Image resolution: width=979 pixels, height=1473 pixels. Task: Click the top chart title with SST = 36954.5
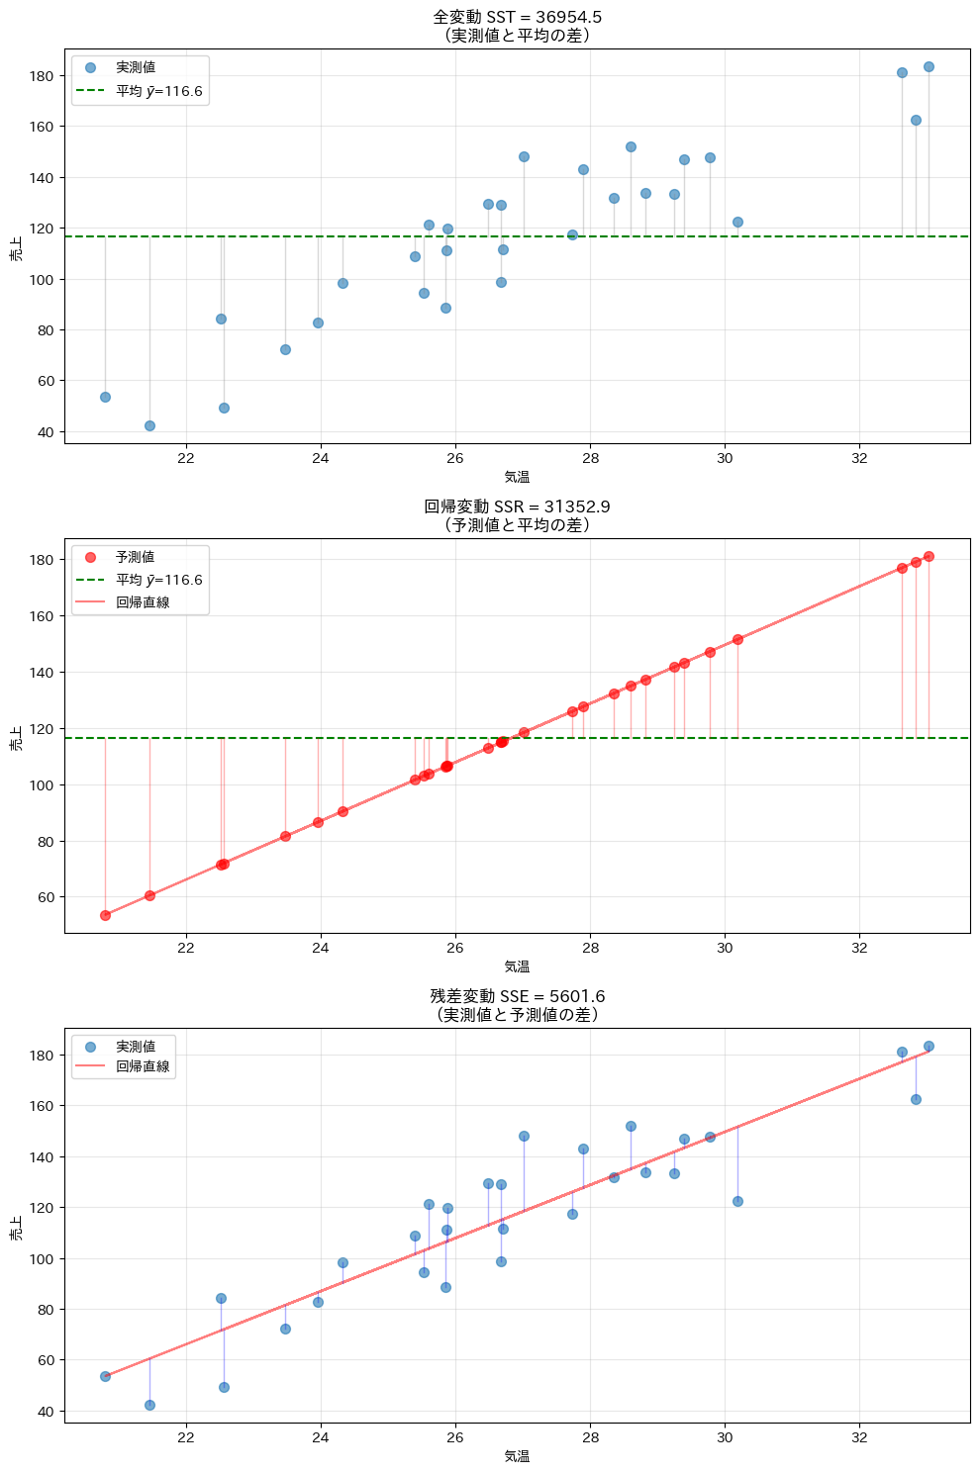coord(517,17)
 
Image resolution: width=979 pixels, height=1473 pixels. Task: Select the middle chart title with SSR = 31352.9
coord(517,506)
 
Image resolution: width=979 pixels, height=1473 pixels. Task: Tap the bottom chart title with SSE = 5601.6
coord(517,996)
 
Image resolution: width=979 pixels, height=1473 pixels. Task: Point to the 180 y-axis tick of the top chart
coord(41,76)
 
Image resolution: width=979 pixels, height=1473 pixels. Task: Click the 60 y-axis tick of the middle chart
coord(45,898)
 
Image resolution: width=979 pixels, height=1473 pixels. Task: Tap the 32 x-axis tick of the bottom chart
coord(859,1437)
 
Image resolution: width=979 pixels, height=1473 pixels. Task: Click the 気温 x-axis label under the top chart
coord(517,477)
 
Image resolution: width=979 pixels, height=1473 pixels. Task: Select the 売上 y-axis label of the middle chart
coord(16,738)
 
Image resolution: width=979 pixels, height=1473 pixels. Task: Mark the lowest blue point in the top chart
coord(149,425)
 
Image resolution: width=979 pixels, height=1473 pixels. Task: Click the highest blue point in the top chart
coord(929,67)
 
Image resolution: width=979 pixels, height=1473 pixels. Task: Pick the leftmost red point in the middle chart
coord(105,915)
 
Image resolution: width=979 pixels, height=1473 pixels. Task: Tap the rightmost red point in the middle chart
coord(929,556)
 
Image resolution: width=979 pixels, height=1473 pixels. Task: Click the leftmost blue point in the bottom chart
coord(105,1376)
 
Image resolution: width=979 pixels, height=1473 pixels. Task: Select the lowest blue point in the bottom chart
coord(149,1405)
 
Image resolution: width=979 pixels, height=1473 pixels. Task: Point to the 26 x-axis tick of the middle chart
coord(455,948)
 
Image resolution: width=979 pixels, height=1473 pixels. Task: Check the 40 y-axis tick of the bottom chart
coord(45,1412)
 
